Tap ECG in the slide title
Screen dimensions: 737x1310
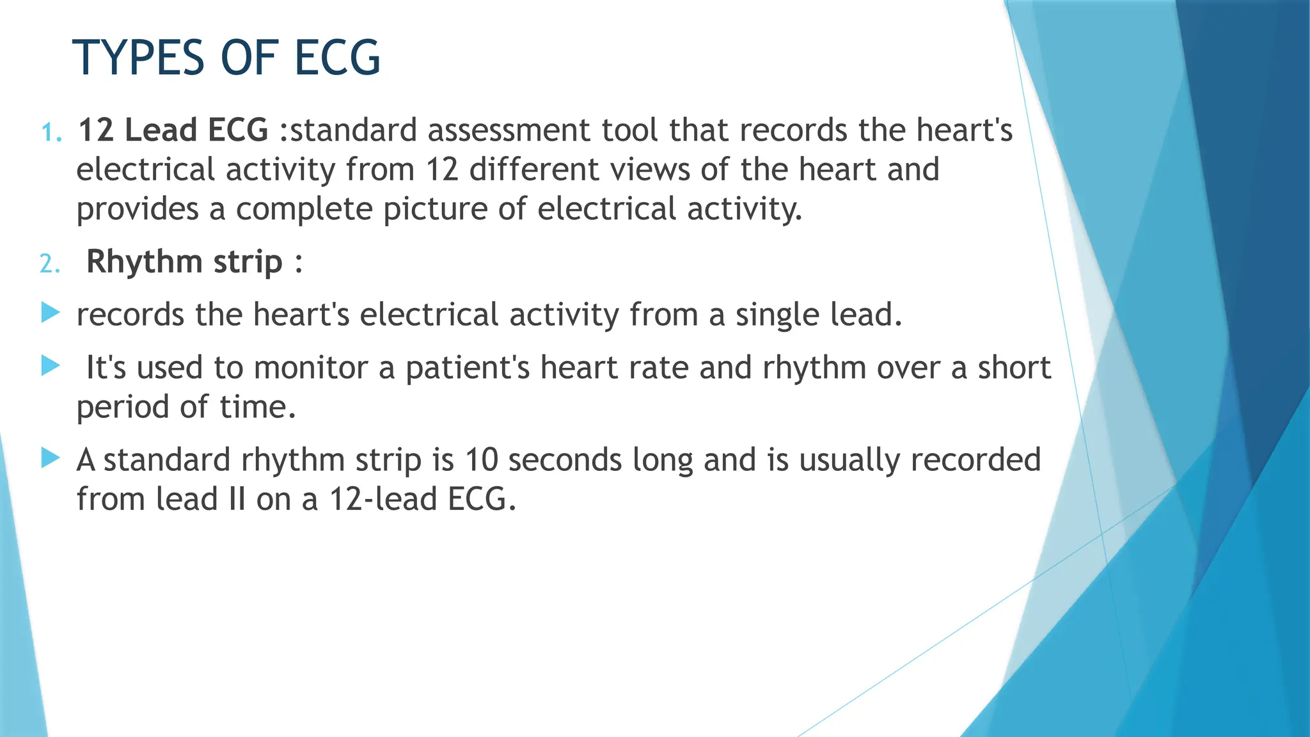point(337,58)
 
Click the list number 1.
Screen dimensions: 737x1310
point(51,132)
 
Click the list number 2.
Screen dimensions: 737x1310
point(49,264)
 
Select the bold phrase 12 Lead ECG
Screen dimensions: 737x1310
point(173,130)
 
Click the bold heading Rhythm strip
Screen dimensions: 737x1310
point(184,262)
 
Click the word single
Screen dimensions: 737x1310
point(777,315)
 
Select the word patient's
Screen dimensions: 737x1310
point(468,368)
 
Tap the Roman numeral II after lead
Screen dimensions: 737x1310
point(237,499)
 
